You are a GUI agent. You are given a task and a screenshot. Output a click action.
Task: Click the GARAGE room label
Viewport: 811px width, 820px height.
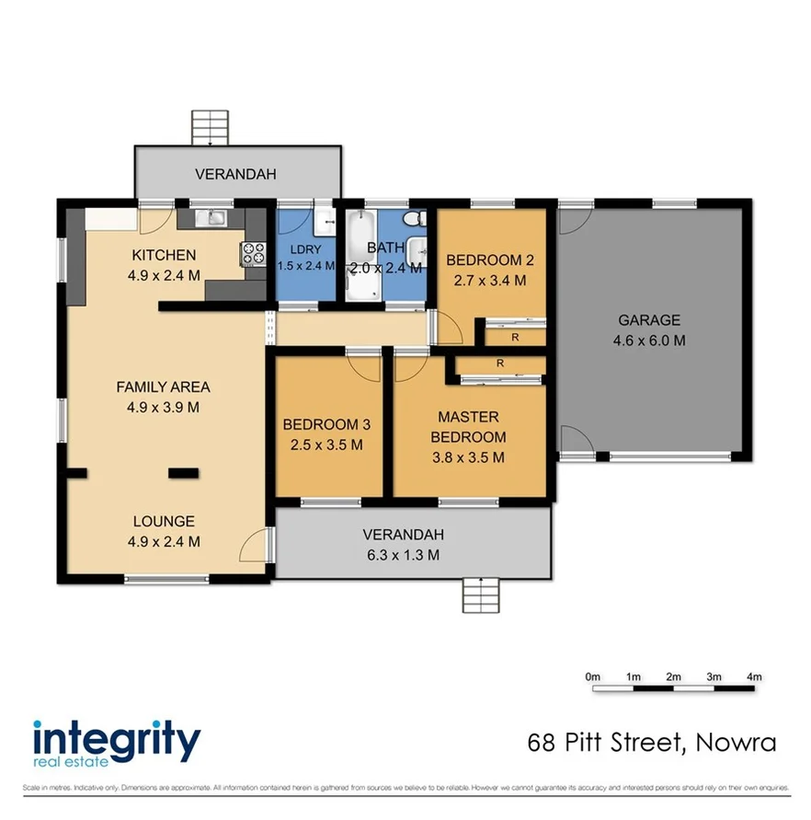pyautogui.click(x=649, y=320)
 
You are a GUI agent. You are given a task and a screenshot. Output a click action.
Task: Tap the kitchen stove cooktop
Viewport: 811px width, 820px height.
pyautogui.click(x=251, y=254)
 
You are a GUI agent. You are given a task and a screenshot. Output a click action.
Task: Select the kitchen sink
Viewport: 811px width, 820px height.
pyautogui.click(x=215, y=218)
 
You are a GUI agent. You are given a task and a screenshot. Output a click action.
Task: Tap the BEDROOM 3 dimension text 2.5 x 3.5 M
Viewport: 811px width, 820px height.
pyautogui.click(x=326, y=445)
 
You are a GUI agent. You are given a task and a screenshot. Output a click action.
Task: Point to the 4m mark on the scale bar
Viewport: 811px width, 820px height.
pyautogui.click(x=755, y=677)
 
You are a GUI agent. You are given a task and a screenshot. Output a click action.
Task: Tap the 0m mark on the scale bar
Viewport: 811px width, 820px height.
pyautogui.click(x=593, y=677)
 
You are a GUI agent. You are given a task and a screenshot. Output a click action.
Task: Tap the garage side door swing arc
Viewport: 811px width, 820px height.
pyautogui.click(x=571, y=441)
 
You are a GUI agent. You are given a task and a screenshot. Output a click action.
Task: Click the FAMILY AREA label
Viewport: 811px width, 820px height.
pyautogui.click(x=163, y=387)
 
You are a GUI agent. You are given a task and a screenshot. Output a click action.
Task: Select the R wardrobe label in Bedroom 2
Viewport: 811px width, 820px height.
pyautogui.click(x=514, y=337)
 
